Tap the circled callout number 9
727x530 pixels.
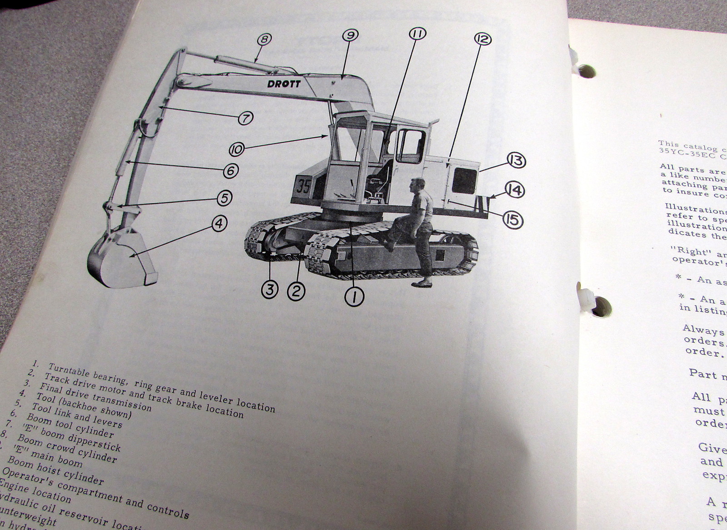[350, 35]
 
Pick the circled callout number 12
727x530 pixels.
[483, 39]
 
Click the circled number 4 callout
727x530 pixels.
[219, 223]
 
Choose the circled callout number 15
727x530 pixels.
[513, 220]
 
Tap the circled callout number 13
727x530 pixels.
[516, 160]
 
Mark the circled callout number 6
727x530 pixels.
[231, 171]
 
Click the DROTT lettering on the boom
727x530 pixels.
[284, 84]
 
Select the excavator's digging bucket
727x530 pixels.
[119, 260]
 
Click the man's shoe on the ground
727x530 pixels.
[422, 284]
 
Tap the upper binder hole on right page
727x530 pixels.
[587, 71]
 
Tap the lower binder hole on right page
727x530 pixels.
[601, 307]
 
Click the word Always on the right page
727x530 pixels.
[703, 331]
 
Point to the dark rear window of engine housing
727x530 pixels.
[464, 180]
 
